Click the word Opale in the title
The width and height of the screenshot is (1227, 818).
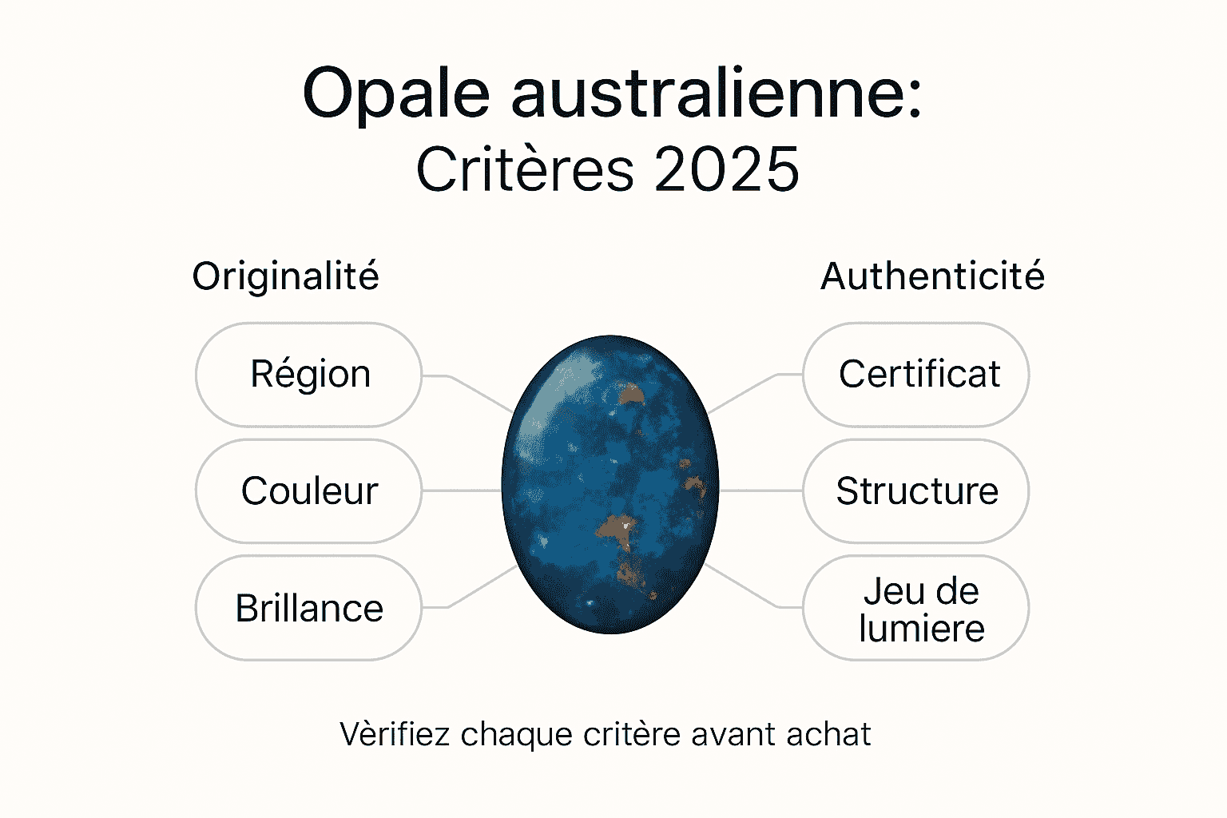[x=395, y=94]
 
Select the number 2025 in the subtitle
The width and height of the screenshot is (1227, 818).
[x=727, y=170]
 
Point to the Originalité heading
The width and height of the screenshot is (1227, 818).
[x=285, y=276]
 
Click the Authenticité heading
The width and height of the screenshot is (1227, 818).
[x=932, y=276]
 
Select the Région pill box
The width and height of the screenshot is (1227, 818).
[x=309, y=375]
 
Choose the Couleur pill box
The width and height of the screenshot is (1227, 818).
[x=309, y=491]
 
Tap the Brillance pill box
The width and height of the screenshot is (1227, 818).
[x=309, y=608]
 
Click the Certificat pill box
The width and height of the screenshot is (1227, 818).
[x=916, y=375]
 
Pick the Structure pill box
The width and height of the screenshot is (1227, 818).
[x=916, y=491]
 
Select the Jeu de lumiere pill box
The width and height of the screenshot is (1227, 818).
[x=916, y=609]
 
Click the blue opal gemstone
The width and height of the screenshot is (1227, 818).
[x=610, y=484]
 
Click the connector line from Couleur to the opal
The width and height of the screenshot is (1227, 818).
[x=461, y=491]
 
